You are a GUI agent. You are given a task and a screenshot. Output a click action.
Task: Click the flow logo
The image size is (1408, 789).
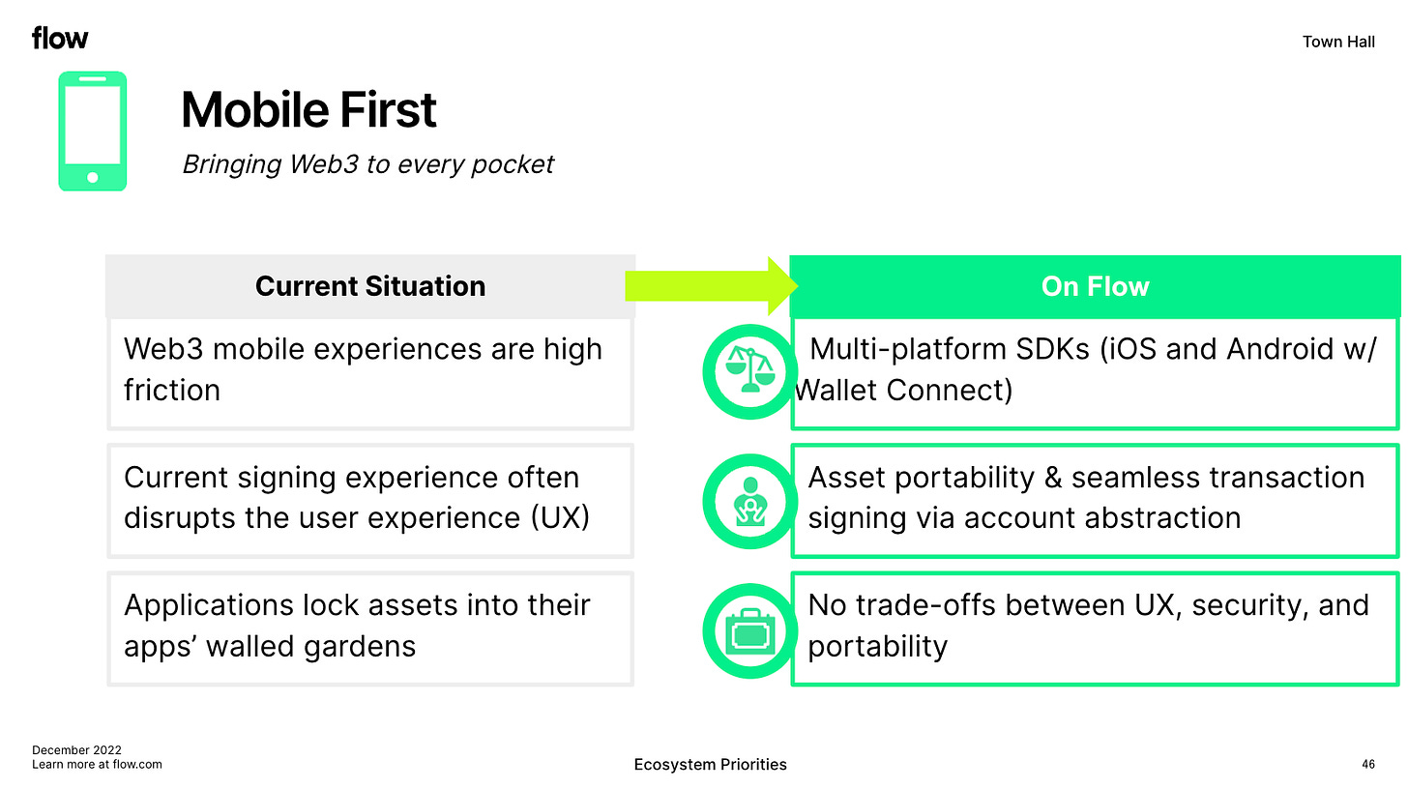(60, 38)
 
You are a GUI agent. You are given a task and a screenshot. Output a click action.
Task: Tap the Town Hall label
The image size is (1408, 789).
(1338, 42)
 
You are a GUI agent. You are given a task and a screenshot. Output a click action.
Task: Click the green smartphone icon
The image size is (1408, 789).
(93, 131)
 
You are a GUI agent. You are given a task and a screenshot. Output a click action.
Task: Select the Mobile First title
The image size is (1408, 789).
(308, 109)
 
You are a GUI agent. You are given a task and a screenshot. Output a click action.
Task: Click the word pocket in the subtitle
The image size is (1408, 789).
(513, 164)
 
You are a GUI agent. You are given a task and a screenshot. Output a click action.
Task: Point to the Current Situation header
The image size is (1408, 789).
(370, 286)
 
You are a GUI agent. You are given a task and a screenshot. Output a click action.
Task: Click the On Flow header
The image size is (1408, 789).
(1095, 286)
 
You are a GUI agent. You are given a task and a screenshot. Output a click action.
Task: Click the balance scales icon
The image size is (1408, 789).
(749, 369)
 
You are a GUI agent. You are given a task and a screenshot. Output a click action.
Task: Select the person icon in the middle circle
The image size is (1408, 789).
(749, 502)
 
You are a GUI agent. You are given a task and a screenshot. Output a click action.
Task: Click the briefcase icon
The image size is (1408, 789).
(749, 631)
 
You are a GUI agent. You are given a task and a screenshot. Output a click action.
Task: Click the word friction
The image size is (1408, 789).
(171, 390)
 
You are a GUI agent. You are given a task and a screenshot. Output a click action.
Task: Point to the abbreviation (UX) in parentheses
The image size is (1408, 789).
(560, 518)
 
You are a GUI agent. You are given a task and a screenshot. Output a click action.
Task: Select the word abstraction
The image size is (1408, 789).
(1165, 518)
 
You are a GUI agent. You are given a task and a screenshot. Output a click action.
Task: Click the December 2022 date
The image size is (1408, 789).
(76, 749)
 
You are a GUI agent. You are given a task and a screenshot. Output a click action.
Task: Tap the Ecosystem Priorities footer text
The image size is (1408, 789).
(710, 765)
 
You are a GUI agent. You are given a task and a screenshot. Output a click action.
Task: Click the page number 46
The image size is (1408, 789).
(1368, 765)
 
